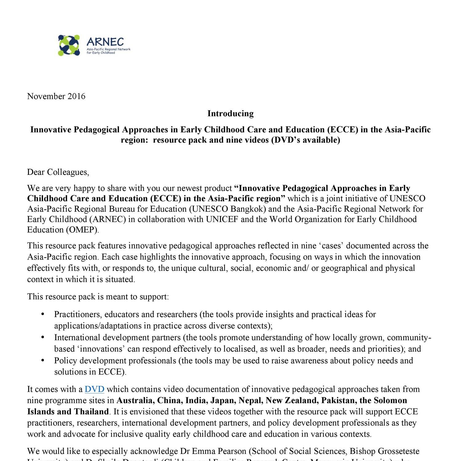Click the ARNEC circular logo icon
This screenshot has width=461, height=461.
pos(69,45)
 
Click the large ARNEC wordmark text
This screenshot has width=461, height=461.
pos(105,42)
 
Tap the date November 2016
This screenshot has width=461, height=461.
pos(56,96)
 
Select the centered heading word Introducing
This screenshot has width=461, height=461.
pos(230,113)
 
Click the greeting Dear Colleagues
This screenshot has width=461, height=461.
pos(58,172)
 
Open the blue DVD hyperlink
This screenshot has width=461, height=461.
pos(94,389)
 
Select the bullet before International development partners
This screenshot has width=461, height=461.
pos(43,337)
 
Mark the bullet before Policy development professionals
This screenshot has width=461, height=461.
pos(43,361)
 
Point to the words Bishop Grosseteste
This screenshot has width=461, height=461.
pos(384,451)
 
